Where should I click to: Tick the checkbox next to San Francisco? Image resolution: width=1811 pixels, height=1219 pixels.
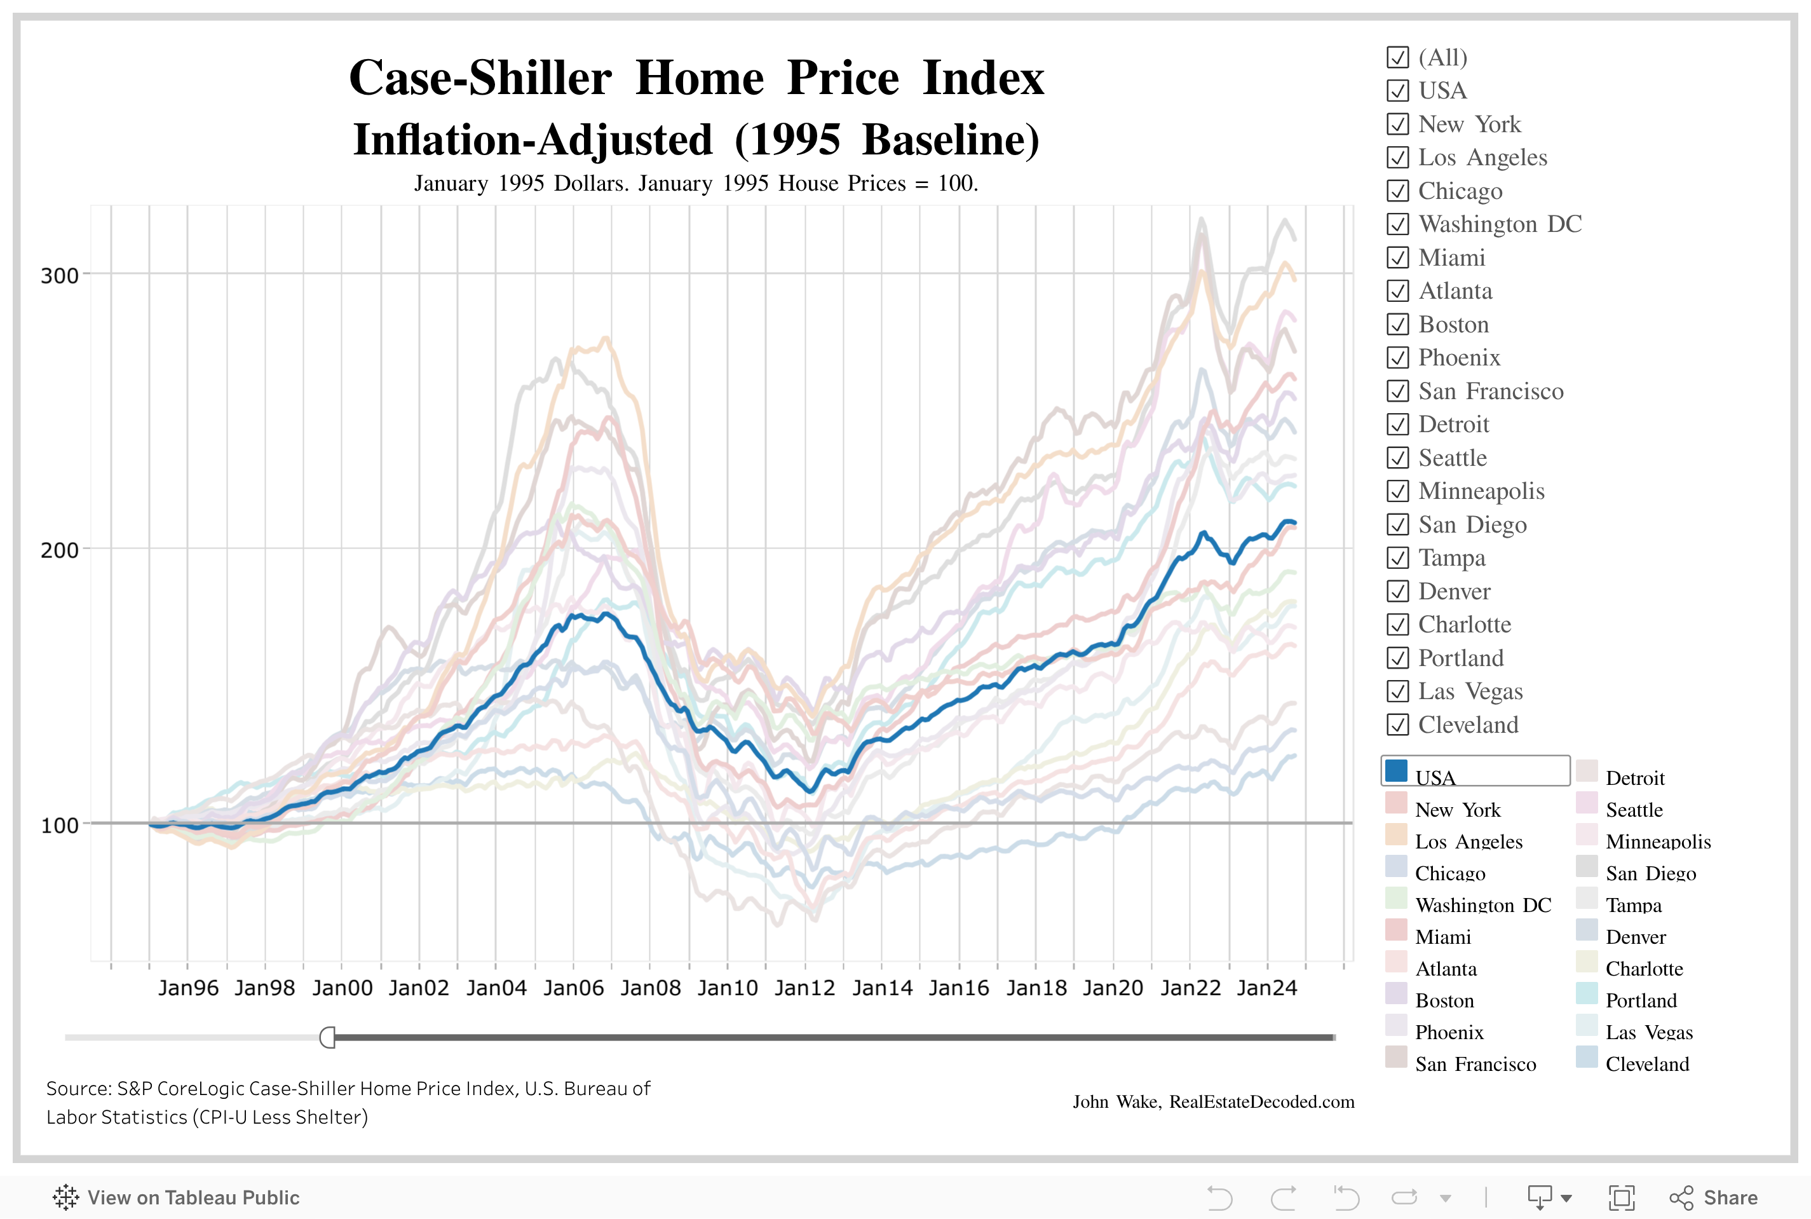pos(1397,391)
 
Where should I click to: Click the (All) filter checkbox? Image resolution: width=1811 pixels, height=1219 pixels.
pos(1397,58)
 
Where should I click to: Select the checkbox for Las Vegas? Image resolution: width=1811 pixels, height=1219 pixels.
pos(1397,691)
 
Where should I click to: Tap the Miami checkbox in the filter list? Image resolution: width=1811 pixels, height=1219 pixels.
pos(1397,257)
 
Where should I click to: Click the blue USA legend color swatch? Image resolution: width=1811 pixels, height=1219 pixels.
pos(1396,771)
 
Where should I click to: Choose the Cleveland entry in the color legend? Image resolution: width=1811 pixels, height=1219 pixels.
pos(1647,1063)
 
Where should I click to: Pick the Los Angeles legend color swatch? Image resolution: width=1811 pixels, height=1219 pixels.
pos(1396,835)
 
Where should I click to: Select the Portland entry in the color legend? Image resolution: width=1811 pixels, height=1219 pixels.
pos(1641,1000)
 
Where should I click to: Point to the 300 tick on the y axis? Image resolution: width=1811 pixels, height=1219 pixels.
pos(59,276)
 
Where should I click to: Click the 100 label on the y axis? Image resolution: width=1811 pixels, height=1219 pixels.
pos(59,826)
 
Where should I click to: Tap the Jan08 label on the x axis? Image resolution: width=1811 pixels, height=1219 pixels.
pos(651,988)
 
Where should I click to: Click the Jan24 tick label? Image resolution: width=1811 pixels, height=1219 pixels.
pos(1267,988)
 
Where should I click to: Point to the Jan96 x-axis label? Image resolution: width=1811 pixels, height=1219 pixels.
pos(188,988)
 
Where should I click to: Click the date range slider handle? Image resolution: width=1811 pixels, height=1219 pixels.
pos(328,1037)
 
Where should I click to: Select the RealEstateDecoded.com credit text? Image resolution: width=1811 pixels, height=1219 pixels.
pos(1261,1101)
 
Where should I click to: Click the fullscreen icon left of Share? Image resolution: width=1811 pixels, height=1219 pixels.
pos(1622,1197)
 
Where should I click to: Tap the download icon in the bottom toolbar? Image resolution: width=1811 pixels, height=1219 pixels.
pos(1540,1197)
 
